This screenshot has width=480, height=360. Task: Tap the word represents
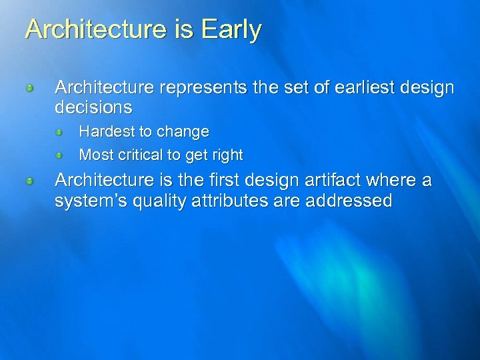pos(210,87)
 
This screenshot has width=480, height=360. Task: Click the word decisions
pos(93,107)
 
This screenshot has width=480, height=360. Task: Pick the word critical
pos(139,155)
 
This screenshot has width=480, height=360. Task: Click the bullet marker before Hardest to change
pos(59,133)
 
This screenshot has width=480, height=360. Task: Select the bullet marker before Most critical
pos(59,156)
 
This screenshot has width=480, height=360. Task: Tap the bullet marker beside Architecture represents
pos(30,88)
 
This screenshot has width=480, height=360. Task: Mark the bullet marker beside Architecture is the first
pos(30,181)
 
